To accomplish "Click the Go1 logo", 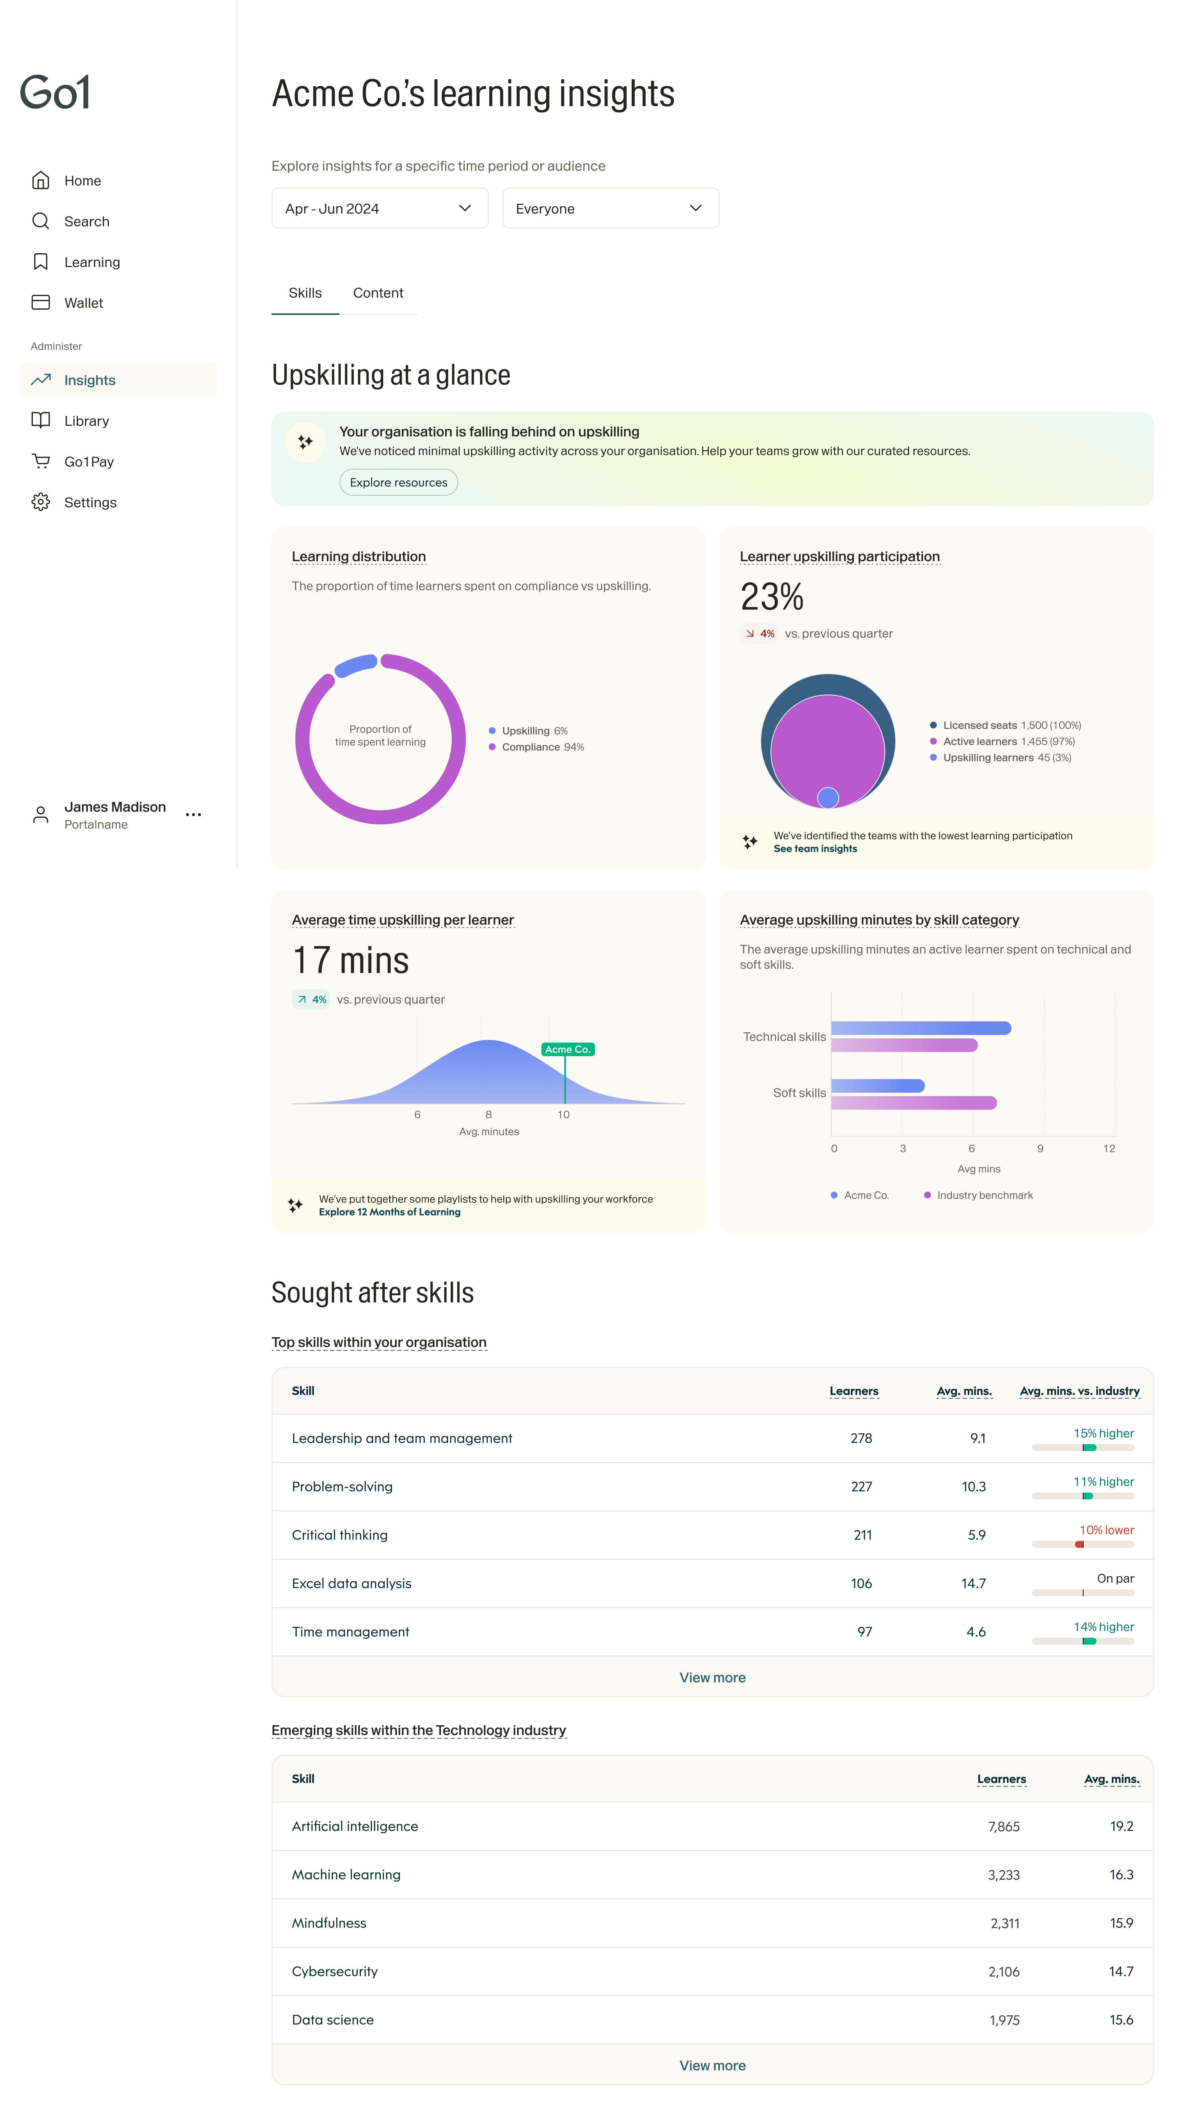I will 55,92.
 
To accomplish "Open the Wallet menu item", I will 83,303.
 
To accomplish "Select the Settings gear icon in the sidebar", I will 40,502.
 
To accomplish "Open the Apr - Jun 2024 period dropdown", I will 379,208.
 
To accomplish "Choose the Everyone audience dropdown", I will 610,208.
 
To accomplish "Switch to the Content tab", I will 378,293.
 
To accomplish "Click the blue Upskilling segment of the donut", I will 356,665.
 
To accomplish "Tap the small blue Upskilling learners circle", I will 828,797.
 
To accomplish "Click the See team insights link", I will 815,848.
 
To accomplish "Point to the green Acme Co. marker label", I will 568,1049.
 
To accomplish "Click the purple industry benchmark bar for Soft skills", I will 913,1103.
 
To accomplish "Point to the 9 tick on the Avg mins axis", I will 1040,1148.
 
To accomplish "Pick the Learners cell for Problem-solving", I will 860,1486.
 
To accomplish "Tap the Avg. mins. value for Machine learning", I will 1120,1875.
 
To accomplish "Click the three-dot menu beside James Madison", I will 193,815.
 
